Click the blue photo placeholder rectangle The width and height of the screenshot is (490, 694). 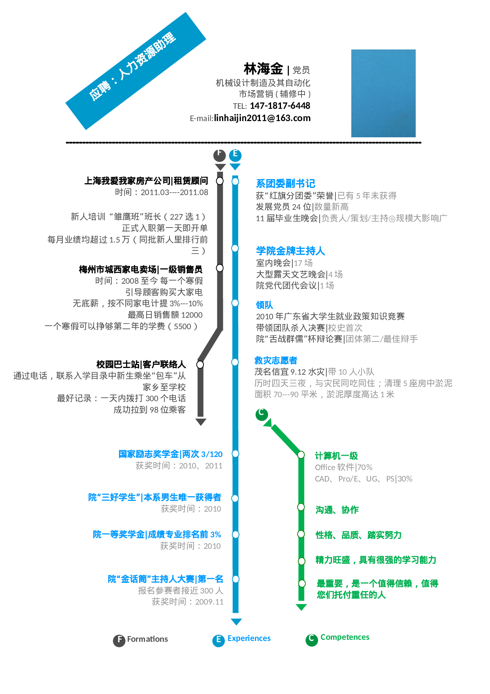(383, 93)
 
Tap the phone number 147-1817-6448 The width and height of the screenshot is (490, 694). (280, 106)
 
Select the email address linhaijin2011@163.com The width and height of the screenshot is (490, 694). (262, 118)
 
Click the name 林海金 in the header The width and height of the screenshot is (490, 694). (263, 69)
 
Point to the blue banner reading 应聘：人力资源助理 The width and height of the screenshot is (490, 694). (136, 71)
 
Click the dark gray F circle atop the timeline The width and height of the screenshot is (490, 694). (220, 155)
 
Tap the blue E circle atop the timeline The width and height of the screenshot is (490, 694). (235, 155)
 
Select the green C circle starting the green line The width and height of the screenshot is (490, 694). (262, 414)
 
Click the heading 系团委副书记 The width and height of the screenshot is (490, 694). (285, 184)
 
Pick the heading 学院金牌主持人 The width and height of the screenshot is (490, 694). (290, 251)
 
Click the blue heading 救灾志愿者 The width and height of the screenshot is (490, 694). (276, 360)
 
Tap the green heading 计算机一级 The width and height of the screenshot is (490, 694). (336, 456)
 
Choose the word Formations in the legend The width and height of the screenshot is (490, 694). (147, 639)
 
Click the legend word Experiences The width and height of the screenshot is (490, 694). (249, 638)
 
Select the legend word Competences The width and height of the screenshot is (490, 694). (345, 637)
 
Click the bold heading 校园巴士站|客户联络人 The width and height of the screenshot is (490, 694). (141, 364)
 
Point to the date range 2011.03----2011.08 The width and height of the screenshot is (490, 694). (174, 192)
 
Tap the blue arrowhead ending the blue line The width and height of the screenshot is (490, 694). (236, 622)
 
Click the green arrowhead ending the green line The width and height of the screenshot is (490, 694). (301, 607)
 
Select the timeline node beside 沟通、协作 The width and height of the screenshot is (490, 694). (301, 507)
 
